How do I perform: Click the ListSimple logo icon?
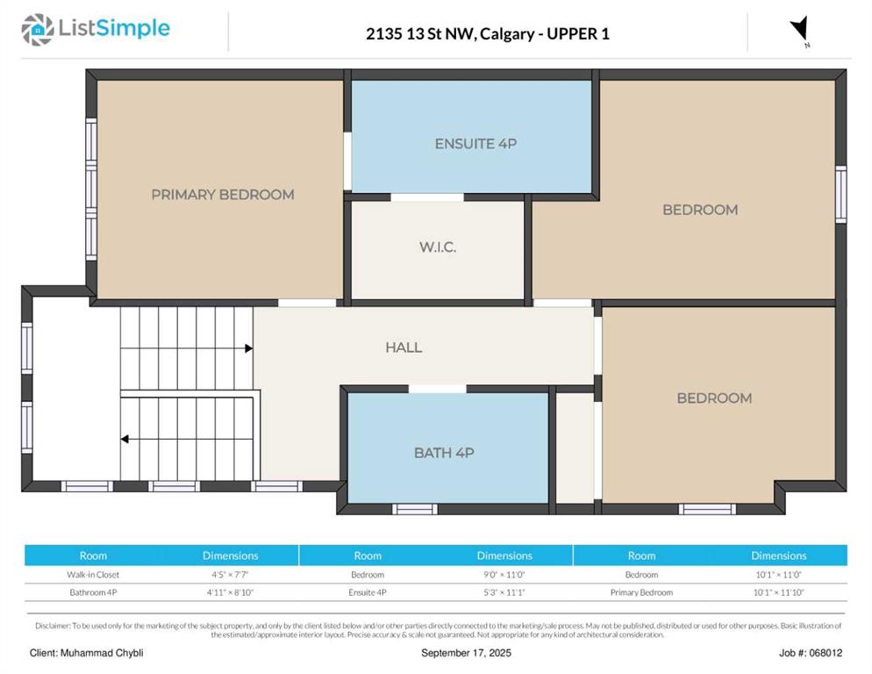[38, 30]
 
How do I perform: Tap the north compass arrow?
[800, 29]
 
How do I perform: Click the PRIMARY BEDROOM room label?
[223, 195]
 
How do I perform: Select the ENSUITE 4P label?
[475, 144]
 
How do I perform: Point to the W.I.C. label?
[438, 247]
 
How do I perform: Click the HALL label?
[404, 348]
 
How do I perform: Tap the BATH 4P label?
[444, 453]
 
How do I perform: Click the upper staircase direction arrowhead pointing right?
[248, 348]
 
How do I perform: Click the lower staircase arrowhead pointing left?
[125, 439]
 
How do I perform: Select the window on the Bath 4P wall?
[415, 509]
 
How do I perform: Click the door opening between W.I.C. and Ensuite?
[427, 197]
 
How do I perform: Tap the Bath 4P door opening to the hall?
[438, 389]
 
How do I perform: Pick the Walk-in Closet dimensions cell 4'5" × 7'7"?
[230, 574]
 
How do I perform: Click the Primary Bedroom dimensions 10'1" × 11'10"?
[779, 592]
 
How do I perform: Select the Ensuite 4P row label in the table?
[367, 592]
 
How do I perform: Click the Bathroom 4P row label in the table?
[93, 592]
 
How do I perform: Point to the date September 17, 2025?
[466, 653]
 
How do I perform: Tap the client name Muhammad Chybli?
[102, 653]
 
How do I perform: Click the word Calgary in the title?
[507, 34]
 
